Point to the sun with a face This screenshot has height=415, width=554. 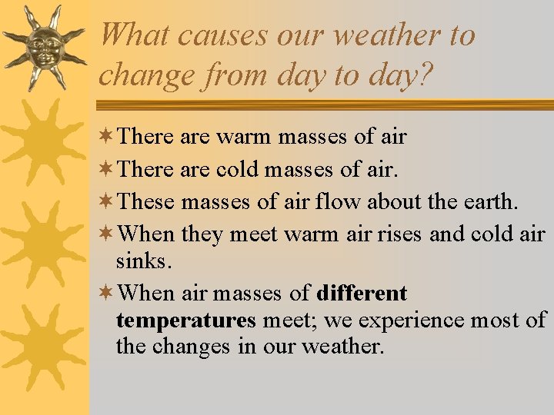click(x=44, y=47)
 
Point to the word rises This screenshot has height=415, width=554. click(x=402, y=233)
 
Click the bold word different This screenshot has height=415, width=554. click(x=362, y=293)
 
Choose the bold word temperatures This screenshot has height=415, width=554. click(x=185, y=320)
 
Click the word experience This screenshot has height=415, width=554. click(x=395, y=320)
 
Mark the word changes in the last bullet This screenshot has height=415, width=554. click(x=191, y=347)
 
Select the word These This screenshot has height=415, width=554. click(x=149, y=203)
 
